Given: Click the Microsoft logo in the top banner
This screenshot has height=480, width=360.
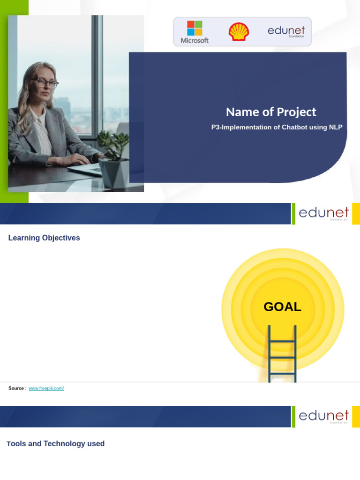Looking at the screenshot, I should [195, 32].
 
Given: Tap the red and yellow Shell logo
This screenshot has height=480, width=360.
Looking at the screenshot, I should [239, 32].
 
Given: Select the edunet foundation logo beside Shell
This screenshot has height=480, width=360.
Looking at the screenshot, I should [286, 31].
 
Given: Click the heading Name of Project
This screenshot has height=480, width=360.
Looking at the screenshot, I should [271, 112].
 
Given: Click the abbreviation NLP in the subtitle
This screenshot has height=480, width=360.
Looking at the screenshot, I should [336, 127].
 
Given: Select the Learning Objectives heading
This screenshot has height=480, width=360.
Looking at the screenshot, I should [44, 238].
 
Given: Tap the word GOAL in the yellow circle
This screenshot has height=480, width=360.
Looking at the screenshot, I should [282, 307].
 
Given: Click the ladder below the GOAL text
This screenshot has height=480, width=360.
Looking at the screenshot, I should [282, 354].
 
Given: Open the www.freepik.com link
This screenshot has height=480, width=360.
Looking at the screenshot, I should [46, 388].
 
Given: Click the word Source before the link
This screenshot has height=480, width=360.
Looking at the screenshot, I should [16, 388].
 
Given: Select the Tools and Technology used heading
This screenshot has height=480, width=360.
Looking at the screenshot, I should [56, 443].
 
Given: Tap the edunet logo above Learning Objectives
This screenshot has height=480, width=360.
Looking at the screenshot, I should [323, 213].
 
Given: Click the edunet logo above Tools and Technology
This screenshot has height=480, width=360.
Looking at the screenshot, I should [323, 416].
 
